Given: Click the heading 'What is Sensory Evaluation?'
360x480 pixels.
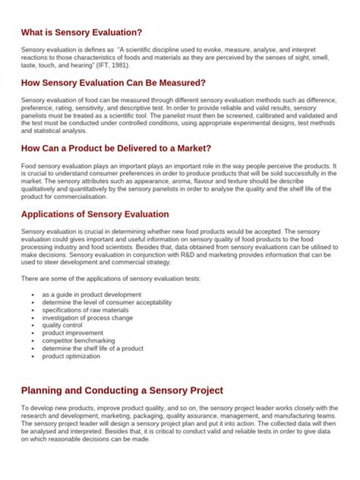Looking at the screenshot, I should click(x=81, y=32).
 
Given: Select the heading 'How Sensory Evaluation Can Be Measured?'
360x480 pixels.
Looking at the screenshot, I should click(x=113, y=82).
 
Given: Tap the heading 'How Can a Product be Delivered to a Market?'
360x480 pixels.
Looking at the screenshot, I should click(x=116, y=148).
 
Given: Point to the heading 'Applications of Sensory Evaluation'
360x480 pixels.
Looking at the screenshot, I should click(x=95, y=214).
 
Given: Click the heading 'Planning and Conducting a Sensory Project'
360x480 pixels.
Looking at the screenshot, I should click(x=122, y=390).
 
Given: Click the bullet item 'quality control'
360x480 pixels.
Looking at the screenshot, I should click(x=62, y=325).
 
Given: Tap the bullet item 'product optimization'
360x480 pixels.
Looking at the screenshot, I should click(x=71, y=356).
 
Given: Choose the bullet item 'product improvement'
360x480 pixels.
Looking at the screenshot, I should click(x=72, y=333).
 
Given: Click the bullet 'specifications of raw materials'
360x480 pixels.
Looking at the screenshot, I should click(x=81, y=310).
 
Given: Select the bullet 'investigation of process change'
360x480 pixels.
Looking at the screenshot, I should click(x=87, y=318).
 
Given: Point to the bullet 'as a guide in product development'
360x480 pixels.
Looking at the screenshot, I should click(x=91, y=294).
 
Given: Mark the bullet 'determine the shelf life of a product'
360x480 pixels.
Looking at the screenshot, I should click(x=92, y=348).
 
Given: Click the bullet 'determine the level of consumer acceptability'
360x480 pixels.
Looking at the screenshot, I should click(x=106, y=302).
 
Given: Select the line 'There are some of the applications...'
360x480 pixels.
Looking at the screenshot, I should click(x=110, y=278).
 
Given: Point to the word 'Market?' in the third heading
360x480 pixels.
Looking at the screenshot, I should click(x=194, y=148).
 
